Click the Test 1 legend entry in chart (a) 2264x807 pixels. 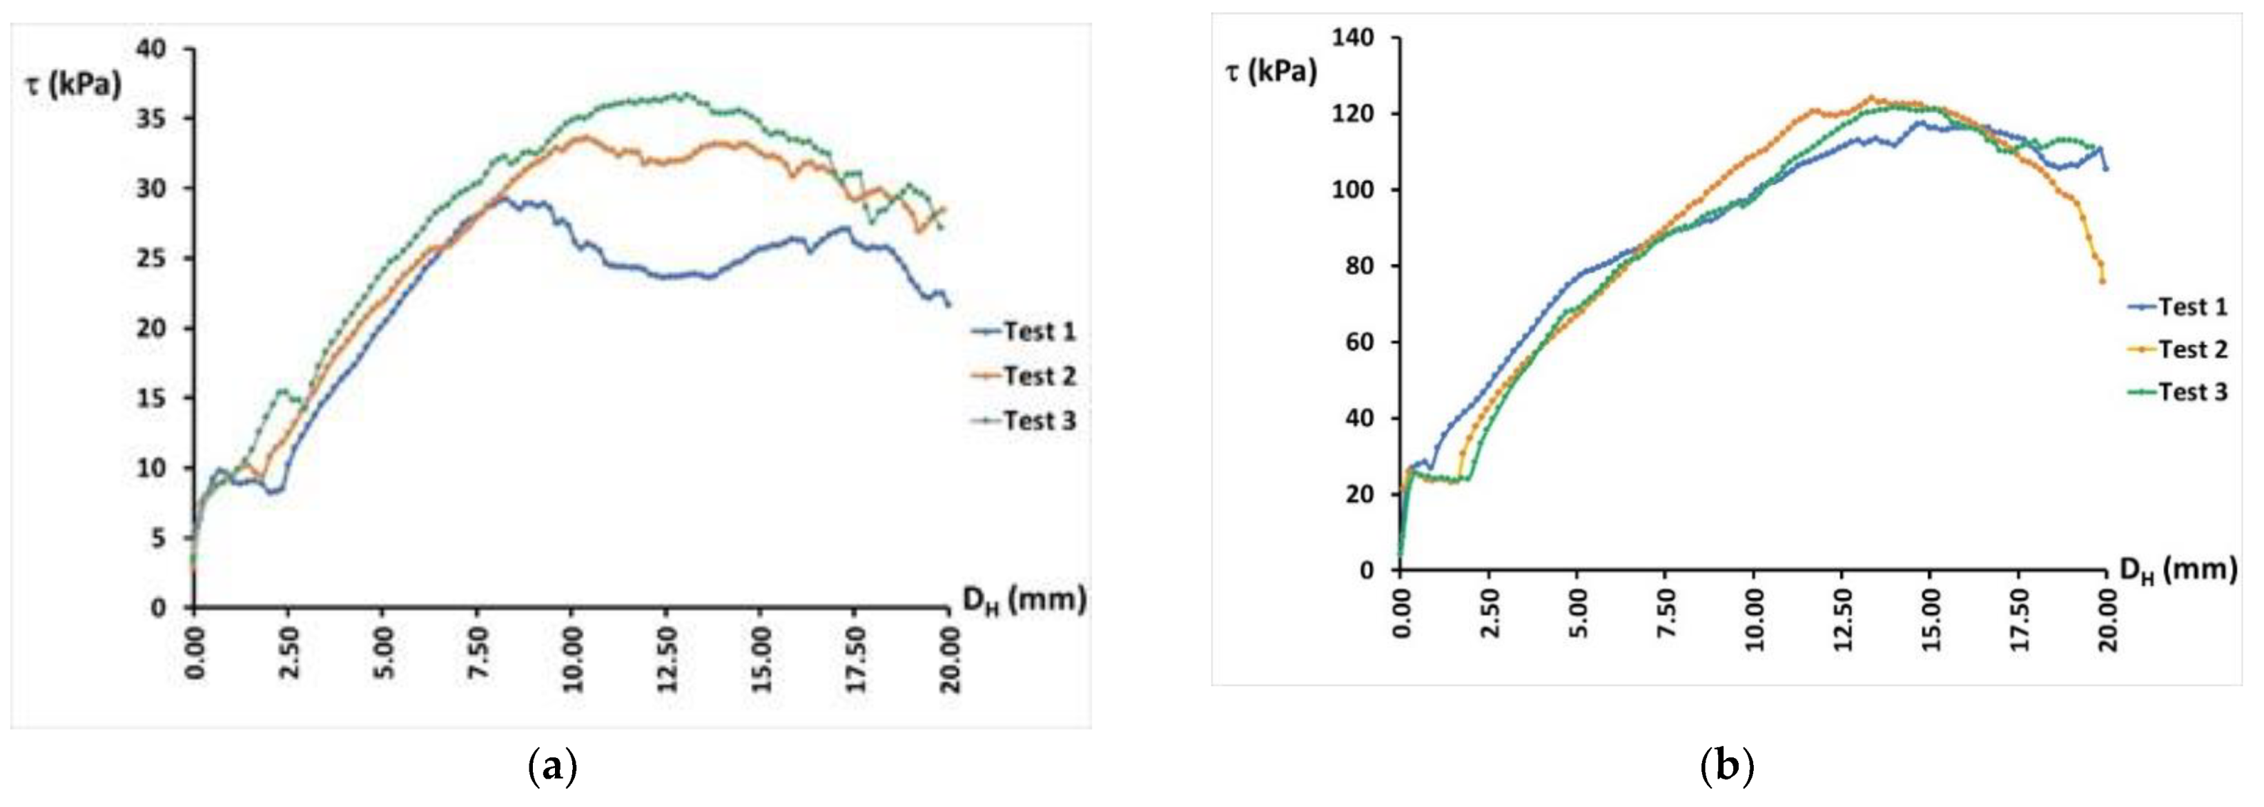(x=1024, y=331)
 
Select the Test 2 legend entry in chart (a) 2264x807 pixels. (x=1024, y=376)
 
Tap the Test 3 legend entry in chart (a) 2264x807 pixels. (x=1024, y=421)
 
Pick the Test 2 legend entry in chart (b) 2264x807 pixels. (x=2177, y=349)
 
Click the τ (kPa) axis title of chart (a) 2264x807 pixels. (x=74, y=86)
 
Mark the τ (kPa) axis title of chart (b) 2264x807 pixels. (x=1271, y=71)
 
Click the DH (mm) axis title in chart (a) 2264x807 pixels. (x=1024, y=601)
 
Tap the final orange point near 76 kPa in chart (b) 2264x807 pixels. (x=2103, y=281)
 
